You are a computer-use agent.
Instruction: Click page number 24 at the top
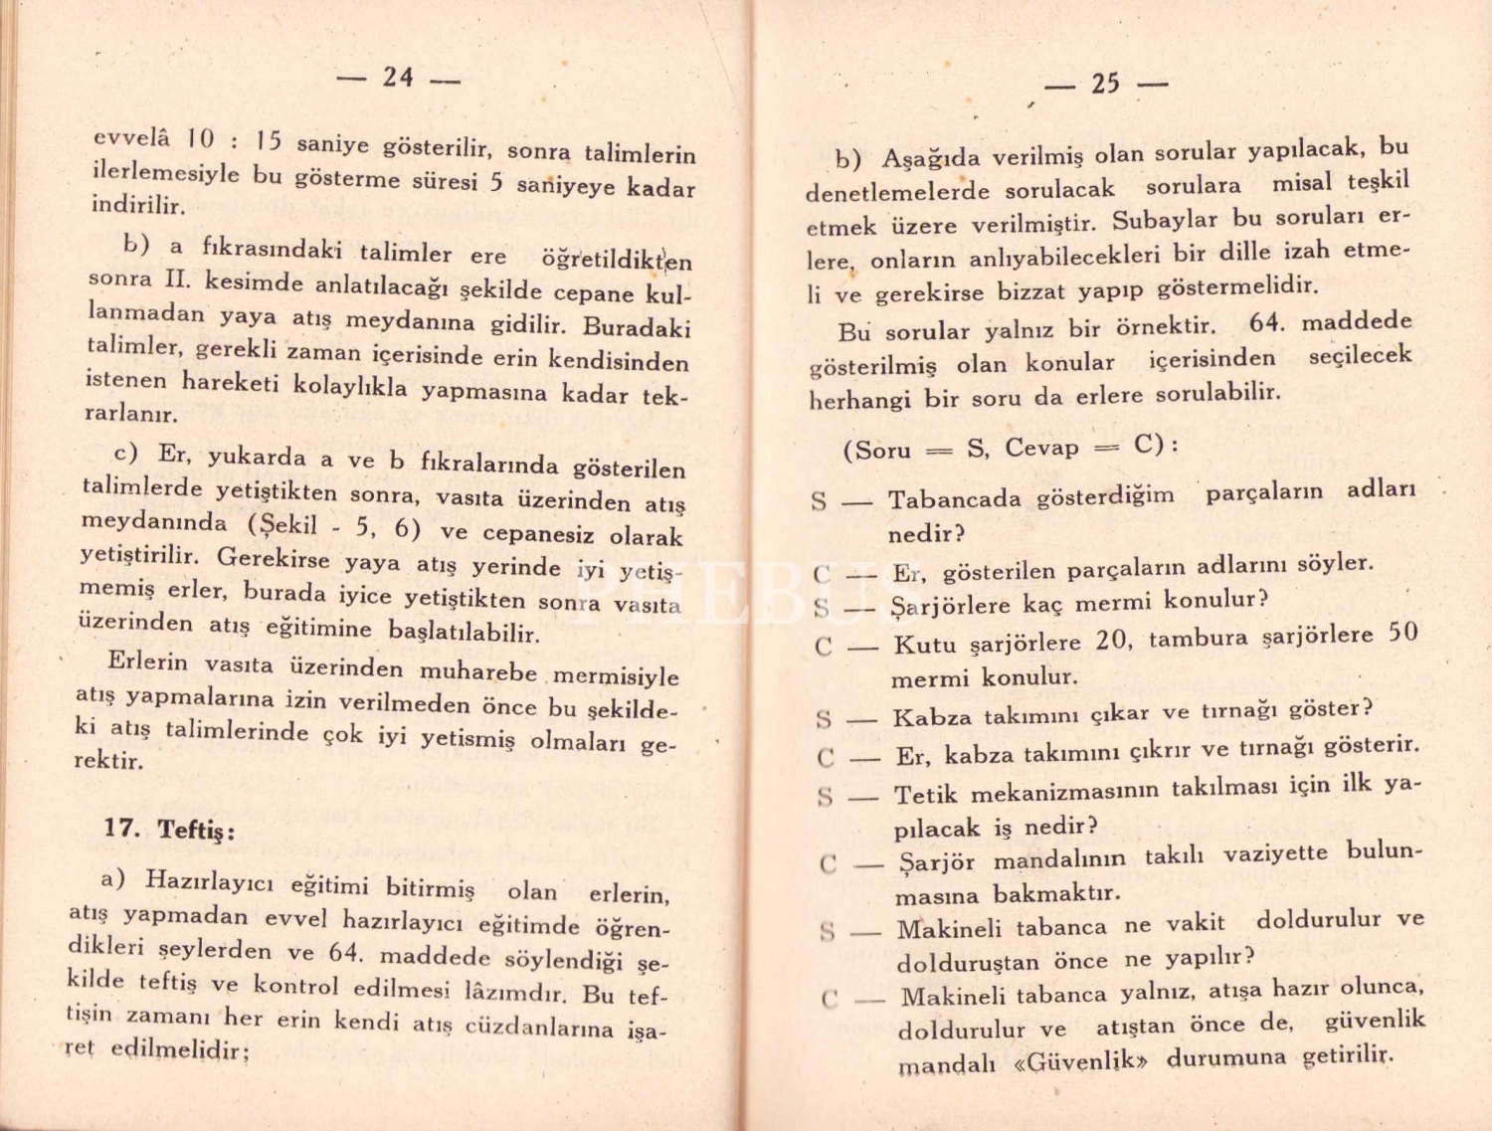[398, 77]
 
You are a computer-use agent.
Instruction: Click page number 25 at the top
[1105, 84]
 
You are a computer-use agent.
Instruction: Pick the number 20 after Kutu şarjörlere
[1114, 640]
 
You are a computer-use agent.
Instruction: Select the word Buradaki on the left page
[637, 327]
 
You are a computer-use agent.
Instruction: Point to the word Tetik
[925, 795]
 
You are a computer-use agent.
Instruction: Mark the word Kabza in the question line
[932, 717]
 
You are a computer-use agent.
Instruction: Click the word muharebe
[477, 671]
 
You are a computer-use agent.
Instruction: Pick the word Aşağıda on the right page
[931, 157]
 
